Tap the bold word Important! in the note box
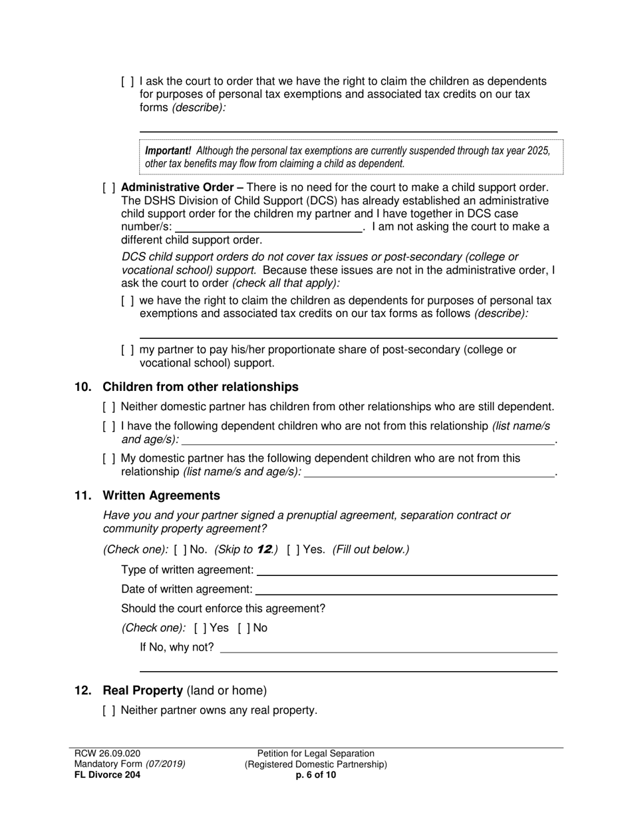click(x=168, y=150)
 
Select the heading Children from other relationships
click(x=200, y=387)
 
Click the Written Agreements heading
click(x=161, y=495)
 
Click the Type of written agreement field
click(x=406, y=570)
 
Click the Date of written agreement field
click(x=406, y=589)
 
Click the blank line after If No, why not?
click(x=388, y=647)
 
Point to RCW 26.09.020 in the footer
click(x=108, y=754)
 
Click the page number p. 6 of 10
click(x=316, y=774)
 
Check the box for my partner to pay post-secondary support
click(x=128, y=350)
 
